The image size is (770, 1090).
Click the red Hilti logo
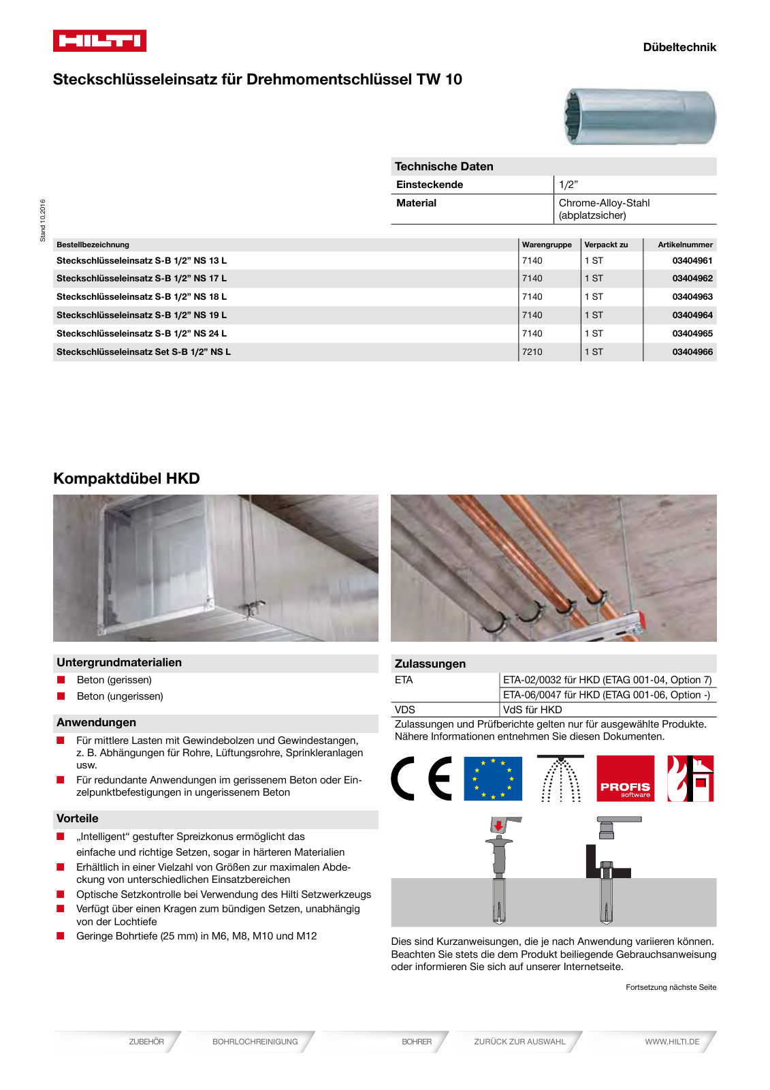point(99,41)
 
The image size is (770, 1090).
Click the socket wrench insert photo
point(640,116)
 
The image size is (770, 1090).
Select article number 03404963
point(692,297)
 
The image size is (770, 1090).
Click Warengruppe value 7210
point(532,352)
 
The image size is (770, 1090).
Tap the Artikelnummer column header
point(685,245)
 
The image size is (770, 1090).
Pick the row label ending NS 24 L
point(142,334)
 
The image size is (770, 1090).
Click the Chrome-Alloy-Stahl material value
point(604,203)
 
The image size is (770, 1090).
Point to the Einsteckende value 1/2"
point(568,185)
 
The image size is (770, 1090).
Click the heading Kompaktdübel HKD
point(127,478)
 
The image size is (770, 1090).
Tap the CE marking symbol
point(421,778)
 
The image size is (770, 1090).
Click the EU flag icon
point(493,778)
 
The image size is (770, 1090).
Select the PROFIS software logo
point(625,778)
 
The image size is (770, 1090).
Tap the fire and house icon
point(690,778)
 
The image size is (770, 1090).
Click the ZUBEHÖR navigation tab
point(146,1042)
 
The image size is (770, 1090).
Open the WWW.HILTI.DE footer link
point(672,1042)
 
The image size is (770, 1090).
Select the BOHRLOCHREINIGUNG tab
point(255,1042)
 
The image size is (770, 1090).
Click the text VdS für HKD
point(532,710)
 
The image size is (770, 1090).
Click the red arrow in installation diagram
point(499,826)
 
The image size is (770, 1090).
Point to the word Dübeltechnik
point(679,47)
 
